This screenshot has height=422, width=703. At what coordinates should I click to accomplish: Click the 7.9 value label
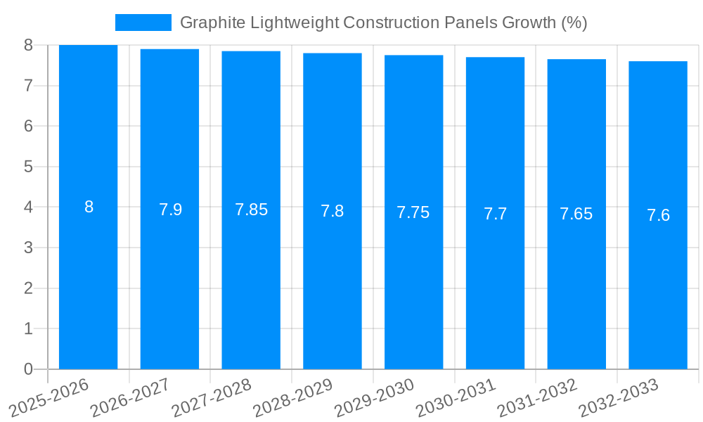tap(170, 210)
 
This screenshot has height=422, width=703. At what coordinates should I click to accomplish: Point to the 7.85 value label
tap(251, 210)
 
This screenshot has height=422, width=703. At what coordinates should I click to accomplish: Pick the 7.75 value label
tap(413, 213)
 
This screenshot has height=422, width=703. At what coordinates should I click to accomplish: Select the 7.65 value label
tap(576, 215)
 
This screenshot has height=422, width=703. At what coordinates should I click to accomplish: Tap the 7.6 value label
tap(658, 216)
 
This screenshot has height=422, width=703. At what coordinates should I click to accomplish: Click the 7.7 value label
tap(495, 215)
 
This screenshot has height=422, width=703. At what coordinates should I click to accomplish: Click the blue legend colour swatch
tap(143, 23)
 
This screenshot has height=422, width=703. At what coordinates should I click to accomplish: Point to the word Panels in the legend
tap(473, 23)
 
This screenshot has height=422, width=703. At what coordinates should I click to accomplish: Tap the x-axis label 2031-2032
tap(536, 397)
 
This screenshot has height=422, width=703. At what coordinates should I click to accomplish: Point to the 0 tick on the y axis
tap(28, 369)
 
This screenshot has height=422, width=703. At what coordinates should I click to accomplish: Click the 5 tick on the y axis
tap(28, 167)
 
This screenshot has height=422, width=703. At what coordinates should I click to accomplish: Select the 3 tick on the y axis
tap(28, 248)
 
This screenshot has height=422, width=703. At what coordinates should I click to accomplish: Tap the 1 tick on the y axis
tap(28, 328)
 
